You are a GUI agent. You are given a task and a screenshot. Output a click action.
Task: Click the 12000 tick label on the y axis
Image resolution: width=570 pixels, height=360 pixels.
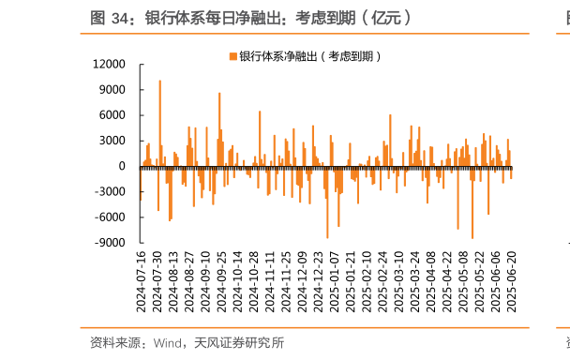point(111,64)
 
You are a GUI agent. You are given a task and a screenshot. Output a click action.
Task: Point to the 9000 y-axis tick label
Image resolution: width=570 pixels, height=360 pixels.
point(113,89)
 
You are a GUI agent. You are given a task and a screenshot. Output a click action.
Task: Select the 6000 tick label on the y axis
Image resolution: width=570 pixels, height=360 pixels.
point(113,114)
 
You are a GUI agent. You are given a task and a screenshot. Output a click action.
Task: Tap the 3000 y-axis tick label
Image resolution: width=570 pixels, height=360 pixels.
point(113,140)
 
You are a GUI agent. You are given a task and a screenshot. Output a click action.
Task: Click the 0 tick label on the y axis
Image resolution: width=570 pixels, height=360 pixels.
point(123,166)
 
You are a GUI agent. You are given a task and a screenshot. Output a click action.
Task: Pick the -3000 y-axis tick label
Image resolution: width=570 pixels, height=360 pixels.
point(112,191)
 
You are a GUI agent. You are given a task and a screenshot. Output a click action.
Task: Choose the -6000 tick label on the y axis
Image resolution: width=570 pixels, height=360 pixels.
point(112,217)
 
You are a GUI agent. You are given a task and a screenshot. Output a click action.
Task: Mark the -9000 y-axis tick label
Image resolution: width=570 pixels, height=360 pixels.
point(112,242)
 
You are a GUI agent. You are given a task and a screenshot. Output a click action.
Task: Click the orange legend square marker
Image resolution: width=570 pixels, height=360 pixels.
point(233,56)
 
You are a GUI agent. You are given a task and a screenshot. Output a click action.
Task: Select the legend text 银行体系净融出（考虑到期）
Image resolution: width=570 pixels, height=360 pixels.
point(310,56)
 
